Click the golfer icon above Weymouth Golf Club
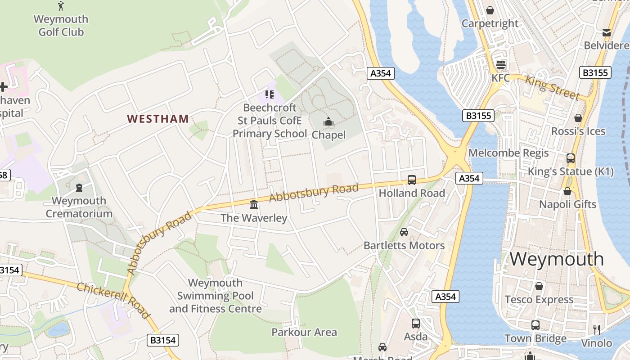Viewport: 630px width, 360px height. point(61,6)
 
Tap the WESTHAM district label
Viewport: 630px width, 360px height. point(157,119)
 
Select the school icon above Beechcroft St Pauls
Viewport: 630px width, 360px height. point(269,94)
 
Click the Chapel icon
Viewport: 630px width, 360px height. point(328,122)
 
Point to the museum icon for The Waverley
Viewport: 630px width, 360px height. point(254,205)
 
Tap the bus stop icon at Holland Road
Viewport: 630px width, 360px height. point(411,180)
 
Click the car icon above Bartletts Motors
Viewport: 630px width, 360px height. point(404,232)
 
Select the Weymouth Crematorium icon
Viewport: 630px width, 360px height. point(79,188)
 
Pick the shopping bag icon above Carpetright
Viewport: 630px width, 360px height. point(490,10)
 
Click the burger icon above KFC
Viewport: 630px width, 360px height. point(500,64)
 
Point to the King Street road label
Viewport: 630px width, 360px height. point(552,88)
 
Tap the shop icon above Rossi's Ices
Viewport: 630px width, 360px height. point(578,118)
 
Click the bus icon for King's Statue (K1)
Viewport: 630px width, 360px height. point(571,158)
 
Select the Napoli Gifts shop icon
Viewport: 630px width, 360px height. point(567,191)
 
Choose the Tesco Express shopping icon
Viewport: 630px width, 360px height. point(539,286)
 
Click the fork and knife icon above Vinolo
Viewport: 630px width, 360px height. point(597,330)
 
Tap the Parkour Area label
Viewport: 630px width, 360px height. point(304,333)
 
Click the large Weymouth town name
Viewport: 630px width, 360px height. point(557,259)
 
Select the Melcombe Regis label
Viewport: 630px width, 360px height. point(508,153)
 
